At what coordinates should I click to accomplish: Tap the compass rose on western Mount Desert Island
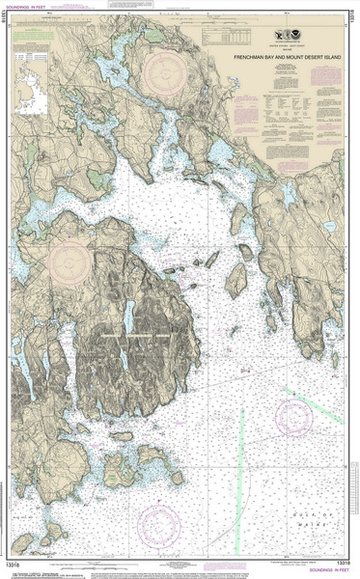70,262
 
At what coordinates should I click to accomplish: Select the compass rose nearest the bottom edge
160,526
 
